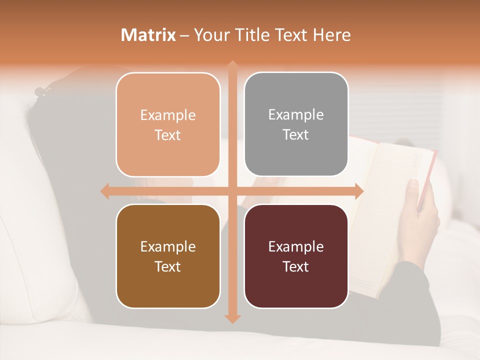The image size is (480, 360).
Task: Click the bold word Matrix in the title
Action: (x=148, y=35)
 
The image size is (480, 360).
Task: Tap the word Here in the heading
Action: (x=332, y=35)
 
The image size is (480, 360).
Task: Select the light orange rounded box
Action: (x=168, y=124)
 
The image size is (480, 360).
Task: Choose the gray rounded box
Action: (x=296, y=124)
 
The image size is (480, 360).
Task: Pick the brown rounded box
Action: (x=168, y=256)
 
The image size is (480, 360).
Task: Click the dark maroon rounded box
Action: (x=296, y=256)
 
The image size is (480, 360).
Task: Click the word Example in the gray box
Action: (x=296, y=115)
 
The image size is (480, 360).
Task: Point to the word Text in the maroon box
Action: (x=296, y=266)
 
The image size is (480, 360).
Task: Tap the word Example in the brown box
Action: (x=168, y=246)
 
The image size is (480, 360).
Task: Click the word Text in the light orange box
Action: (x=168, y=135)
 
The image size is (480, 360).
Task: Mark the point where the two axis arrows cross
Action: (x=232, y=191)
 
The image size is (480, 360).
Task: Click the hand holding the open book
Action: (x=420, y=210)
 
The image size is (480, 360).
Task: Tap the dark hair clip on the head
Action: (x=43, y=91)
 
